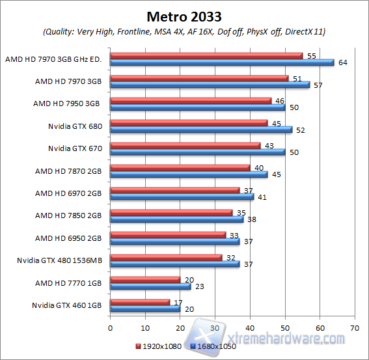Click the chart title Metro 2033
[184, 15]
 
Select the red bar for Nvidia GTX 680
[189, 122]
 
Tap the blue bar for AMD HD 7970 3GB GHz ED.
[222, 62]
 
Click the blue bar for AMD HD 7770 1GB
[150, 286]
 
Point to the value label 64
[343, 63]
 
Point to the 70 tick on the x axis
[354, 327]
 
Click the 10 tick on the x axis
[145, 327]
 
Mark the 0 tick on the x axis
[111, 327]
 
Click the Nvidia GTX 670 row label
[75, 148]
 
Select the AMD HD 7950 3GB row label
[67, 104]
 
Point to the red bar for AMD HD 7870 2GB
[180, 167]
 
